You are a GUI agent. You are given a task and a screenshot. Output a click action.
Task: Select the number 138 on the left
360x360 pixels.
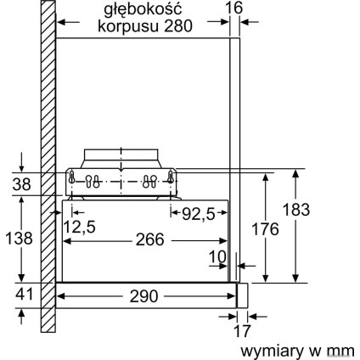tap(19, 240)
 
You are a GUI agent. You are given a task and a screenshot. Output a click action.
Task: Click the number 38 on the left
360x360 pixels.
tap(19, 183)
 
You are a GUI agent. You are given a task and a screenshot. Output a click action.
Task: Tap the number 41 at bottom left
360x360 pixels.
tap(19, 297)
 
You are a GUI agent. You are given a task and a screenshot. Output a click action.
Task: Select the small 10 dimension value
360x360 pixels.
tap(219, 256)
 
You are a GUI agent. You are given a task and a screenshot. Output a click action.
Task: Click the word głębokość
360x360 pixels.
tap(143, 8)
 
